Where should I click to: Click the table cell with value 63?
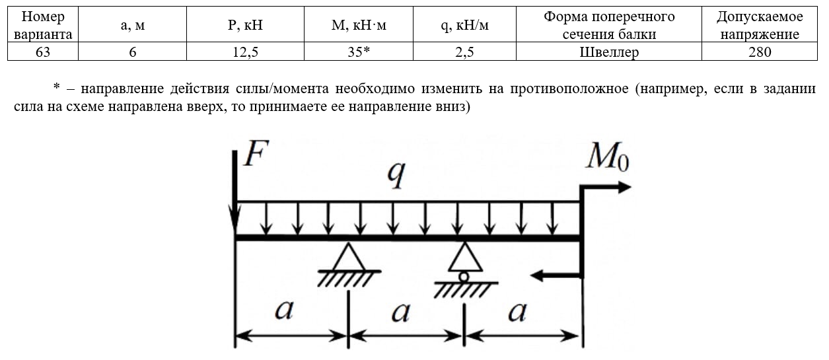43,52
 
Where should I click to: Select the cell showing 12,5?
245,52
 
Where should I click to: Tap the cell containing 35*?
358,52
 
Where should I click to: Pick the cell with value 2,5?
464,52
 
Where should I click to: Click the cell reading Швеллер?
609,52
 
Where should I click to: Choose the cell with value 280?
760,52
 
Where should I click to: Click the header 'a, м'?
133,24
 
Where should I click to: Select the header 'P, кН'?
245,24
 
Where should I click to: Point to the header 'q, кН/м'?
464,24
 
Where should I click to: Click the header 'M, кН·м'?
358,24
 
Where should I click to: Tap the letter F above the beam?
256,153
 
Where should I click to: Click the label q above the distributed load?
396,175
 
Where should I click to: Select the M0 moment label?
607,157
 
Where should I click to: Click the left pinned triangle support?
349,257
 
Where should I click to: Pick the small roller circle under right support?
464,277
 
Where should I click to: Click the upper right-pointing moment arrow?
606,187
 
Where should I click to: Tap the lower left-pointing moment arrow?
556,275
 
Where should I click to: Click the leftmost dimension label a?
284,309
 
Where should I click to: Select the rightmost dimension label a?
517,312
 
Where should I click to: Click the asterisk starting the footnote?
57,87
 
